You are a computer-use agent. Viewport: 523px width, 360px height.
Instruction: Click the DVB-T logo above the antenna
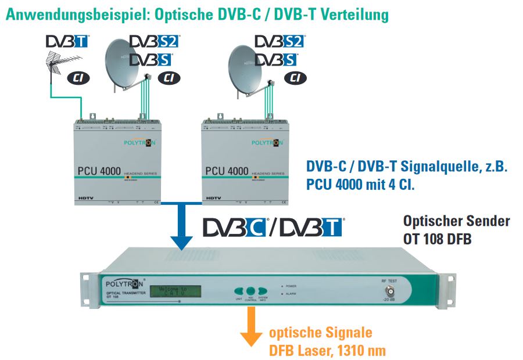click(67, 42)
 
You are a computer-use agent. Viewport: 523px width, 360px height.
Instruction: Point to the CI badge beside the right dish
click(295, 77)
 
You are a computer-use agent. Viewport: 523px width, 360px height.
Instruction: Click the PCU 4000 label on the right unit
click(227, 171)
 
